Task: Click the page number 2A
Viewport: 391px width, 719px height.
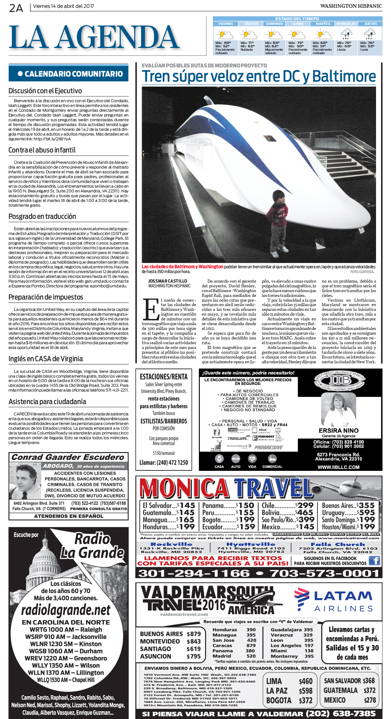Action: click(16, 7)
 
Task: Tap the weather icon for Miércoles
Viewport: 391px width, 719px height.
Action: click(346, 34)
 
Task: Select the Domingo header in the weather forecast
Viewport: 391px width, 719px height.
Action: click(274, 24)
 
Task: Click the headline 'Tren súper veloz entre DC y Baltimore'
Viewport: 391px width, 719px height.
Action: click(259, 76)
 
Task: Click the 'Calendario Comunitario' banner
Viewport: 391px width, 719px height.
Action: click(69, 74)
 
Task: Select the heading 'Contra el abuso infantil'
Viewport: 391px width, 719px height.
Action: click(42, 150)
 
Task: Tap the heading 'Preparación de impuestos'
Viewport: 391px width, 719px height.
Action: click(46, 297)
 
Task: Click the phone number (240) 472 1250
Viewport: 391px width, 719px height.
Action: click(164, 462)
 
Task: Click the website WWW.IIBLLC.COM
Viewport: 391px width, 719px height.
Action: click(338, 467)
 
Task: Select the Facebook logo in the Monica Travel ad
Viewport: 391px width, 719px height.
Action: click(374, 560)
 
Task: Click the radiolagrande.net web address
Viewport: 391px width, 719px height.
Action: click(66, 610)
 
